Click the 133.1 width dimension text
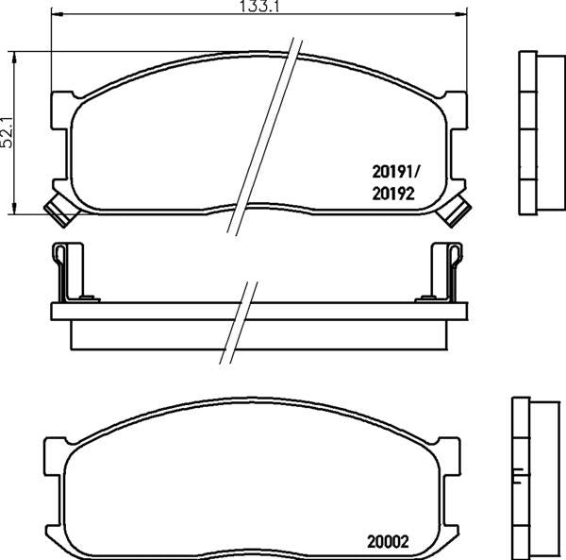(x=260, y=7)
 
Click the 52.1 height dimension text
(x=7, y=132)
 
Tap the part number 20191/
(x=394, y=172)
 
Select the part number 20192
(x=393, y=194)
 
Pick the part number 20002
(x=388, y=542)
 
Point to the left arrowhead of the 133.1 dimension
(x=57, y=14)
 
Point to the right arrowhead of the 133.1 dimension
(x=461, y=14)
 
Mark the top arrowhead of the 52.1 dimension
(x=14, y=57)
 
